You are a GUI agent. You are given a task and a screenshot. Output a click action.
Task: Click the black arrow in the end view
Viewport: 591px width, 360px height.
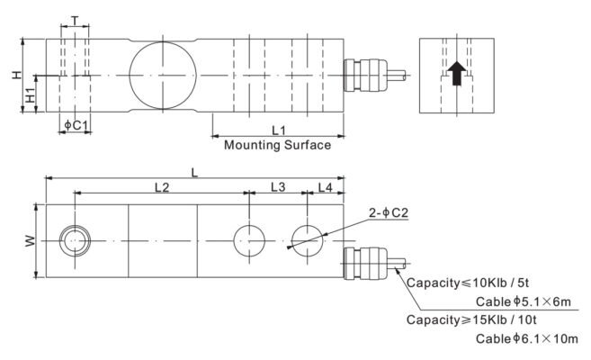[458, 73]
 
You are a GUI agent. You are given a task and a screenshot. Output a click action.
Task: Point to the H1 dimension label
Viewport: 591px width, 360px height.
[30, 94]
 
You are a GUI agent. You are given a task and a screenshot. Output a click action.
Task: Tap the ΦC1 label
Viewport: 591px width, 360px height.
[76, 126]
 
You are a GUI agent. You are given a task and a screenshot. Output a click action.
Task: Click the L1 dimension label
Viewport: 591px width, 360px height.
[278, 130]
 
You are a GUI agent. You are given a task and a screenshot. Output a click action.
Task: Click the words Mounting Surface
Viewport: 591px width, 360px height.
[277, 144]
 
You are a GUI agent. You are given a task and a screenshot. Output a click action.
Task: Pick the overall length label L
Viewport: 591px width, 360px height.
[194, 170]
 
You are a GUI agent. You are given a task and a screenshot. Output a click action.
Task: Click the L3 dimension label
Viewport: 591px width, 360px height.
[278, 186]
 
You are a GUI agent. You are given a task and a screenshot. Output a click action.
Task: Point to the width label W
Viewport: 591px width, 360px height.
[30, 241]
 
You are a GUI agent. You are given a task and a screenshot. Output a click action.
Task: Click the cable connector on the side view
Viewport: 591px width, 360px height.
[365, 74]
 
